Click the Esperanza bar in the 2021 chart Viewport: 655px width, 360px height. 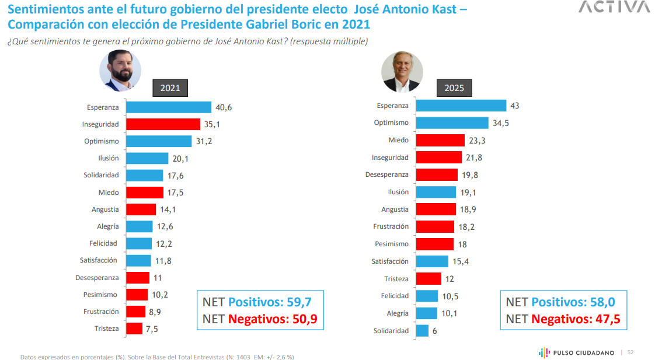tap(169, 107)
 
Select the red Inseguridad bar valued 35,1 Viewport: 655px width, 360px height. tap(163, 124)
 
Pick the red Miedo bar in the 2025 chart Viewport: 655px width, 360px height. tap(440, 141)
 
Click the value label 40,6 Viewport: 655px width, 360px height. tap(224, 107)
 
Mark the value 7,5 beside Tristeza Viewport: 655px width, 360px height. tap(152, 329)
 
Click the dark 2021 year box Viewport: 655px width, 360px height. tap(170, 89)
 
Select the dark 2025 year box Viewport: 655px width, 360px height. tap(454, 88)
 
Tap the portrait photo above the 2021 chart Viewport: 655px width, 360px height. tap(120, 71)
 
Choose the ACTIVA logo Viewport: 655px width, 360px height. tap(614, 7)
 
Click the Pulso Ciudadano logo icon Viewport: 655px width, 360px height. tap(543, 352)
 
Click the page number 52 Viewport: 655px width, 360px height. tap(630, 352)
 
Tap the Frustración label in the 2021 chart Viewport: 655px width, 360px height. tap(101, 312)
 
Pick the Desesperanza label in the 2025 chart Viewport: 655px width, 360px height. tap(387, 174)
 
